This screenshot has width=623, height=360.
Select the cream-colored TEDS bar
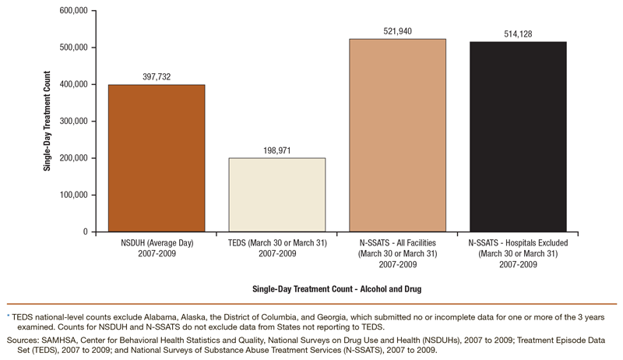(x=277, y=195)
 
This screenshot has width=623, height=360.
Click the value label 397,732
(x=157, y=76)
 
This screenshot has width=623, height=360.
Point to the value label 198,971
(x=277, y=150)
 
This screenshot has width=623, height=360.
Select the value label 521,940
(x=397, y=30)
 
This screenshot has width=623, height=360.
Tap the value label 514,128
(x=517, y=34)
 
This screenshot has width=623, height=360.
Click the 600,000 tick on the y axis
(x=69, y=11)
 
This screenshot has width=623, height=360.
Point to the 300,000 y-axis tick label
(x=69, y=122)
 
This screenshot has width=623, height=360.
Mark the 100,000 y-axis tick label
(x=69, y=196)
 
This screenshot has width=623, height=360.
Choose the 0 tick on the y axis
(x=83, y=232)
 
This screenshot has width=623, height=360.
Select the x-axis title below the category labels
(x=337, y=288)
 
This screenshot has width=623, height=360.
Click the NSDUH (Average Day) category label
(x=157, y=249)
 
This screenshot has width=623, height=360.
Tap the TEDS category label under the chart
(x=277, y=249)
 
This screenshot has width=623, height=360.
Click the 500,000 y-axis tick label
(x=69, y=48)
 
